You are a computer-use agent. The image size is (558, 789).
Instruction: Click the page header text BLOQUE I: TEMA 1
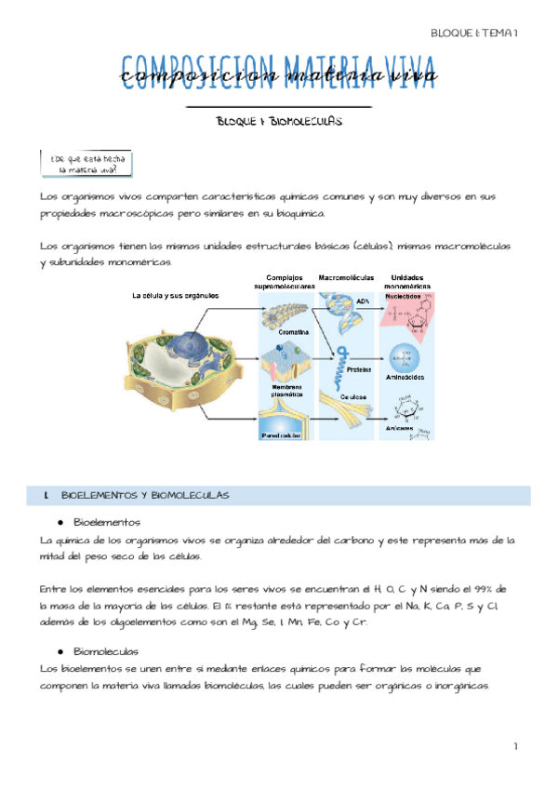click(473, 33)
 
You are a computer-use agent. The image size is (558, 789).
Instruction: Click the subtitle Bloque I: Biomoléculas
click(279, 122)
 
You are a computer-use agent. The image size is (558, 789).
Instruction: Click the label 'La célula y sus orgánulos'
click(176, 295)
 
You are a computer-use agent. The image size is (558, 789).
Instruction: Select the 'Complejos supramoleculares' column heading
click(286, 282)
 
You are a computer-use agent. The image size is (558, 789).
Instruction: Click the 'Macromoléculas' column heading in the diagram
click(346, 277)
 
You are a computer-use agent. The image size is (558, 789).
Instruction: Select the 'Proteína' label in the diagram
click(360, 369)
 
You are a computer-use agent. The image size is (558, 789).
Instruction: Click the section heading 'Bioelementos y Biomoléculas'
click(139, 495)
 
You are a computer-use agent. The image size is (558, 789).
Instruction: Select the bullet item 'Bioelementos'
click(106, 522)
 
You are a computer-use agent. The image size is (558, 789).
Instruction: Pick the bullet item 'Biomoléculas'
click(106, 651)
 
